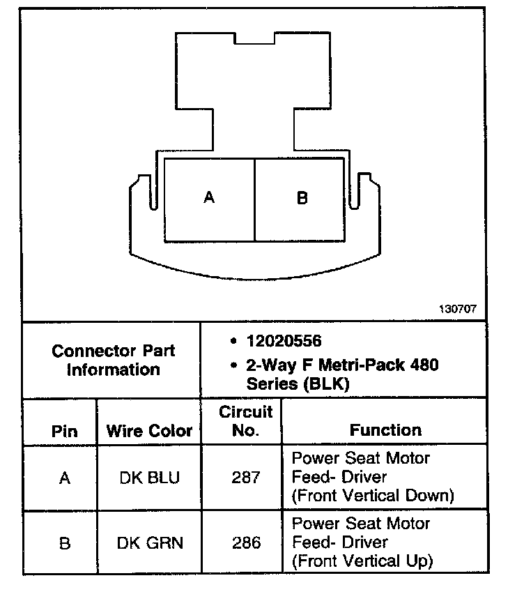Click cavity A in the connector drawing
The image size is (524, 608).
click(209, 199)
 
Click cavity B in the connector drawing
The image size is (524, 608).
click(302, 199)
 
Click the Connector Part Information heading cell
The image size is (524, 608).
click(113, 360)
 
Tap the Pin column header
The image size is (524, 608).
click(64, 431)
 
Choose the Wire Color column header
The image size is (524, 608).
click(149, 431)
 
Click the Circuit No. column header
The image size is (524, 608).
click(245, 421)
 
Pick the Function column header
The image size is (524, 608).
click(385, 430)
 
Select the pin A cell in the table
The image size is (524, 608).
click(64, 478)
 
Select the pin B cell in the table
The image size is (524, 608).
click(64, 542)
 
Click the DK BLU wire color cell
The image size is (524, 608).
click(149, 478)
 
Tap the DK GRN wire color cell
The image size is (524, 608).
click(149, 542)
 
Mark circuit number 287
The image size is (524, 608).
click(245, 478)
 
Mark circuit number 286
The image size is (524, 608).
click(245, 542)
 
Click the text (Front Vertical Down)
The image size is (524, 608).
click(373, 496)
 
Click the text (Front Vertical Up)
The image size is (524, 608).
click(362, 561)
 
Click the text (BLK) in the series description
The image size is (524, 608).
click(330, 383)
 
